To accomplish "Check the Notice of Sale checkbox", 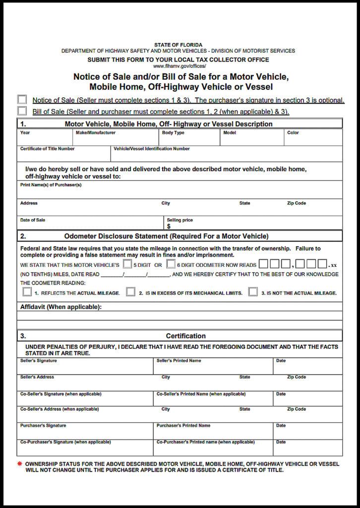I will pyautogui.click(x=22, y=100).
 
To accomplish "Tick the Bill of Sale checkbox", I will pyautogui.click(x=22, y=111).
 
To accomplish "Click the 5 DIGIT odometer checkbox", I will pyautogui.click(x=127, y=264).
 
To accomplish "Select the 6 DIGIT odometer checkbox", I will pyautogui.click(x=171, y=264).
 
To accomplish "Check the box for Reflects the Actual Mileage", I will pyautogui.click(x=27, y=292).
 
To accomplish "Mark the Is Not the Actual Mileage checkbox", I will pyautogui.click(x=253, y=292).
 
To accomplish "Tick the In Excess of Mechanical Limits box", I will pyautogui.click(x=130, y=292).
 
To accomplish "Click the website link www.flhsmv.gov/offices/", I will pyautogui.click(x=179, y=66).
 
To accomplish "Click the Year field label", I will pyautogui.click(x=25, y=133).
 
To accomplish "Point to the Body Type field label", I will pyautogui.click(x=173, y=133).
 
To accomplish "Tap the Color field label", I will pyautogui.click(x=293, y=133).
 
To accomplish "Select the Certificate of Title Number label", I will pyautogui.click(x=48, y=149).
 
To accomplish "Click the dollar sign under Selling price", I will pyautogui.click(x=169, y=226).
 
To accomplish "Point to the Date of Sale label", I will pyautogui.click(x=33, y=220).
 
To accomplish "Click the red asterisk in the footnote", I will pyautogui.click(x=20, y=464).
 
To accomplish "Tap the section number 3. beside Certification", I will pyautogui.click(x=23, y=336).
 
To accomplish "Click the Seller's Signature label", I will pyautogui.click(x=39, y=361).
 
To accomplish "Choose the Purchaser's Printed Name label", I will pyautogui.click(x=183, y=426).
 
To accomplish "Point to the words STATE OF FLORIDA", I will pyautogui.click(x=178, y=45).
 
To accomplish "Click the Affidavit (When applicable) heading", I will pyautogui.click(x=60, y=307).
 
